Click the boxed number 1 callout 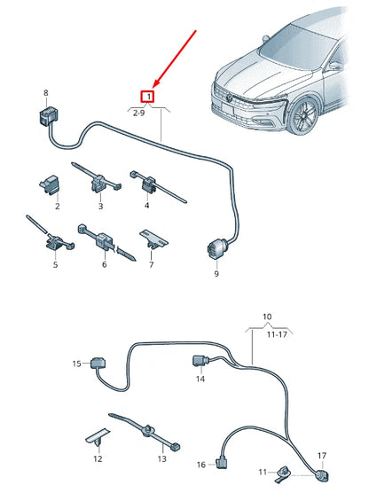(150, 96)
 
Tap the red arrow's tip (153, 87)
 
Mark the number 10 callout (267, 317)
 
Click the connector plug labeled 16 (223, 461)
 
